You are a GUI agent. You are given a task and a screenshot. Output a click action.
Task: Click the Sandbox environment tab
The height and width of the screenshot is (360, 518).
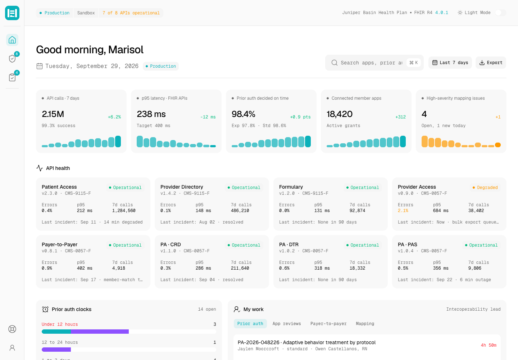point(86,13)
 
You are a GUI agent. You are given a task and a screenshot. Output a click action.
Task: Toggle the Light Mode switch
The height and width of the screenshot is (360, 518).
point(500,13)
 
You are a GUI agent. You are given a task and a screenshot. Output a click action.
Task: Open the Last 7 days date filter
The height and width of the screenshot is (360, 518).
point(450,63)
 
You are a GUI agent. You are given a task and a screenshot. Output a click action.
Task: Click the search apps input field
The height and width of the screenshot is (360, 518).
point(371,63)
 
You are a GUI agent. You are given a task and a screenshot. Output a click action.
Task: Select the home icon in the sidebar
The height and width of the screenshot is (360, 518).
point(12,40)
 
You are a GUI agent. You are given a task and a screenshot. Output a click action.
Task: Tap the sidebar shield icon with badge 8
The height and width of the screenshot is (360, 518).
point(12,59)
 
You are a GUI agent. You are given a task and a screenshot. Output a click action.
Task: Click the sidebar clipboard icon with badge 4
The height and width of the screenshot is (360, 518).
point(12,77)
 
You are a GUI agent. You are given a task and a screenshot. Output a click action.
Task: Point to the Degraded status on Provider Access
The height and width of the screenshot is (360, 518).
point(485,188)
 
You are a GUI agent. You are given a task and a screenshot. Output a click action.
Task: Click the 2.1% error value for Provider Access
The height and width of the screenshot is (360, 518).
point(403,211)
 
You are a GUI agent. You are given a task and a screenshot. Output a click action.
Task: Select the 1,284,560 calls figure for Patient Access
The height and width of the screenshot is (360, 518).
point(124,211)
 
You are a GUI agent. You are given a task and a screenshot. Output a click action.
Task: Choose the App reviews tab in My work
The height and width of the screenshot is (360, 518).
point(286,324)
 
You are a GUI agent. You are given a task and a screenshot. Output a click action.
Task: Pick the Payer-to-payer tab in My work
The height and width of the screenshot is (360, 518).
point(328,324)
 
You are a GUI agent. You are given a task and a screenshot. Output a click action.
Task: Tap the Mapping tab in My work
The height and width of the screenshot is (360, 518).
point(365,324)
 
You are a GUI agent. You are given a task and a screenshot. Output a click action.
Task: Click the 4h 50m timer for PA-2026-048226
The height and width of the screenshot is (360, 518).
point(489,345)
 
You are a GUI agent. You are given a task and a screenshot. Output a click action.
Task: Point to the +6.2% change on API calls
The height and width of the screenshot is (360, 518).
point(114,117)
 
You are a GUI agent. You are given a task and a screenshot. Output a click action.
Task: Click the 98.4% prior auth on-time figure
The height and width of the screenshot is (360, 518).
point(243,114)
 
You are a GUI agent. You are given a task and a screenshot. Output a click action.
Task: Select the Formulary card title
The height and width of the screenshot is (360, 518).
point(291,187)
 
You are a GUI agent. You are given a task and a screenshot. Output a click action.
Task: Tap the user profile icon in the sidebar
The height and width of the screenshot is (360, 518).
point(12,348)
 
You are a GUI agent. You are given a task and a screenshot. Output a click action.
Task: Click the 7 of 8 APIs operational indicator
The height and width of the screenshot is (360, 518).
point(131,13)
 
